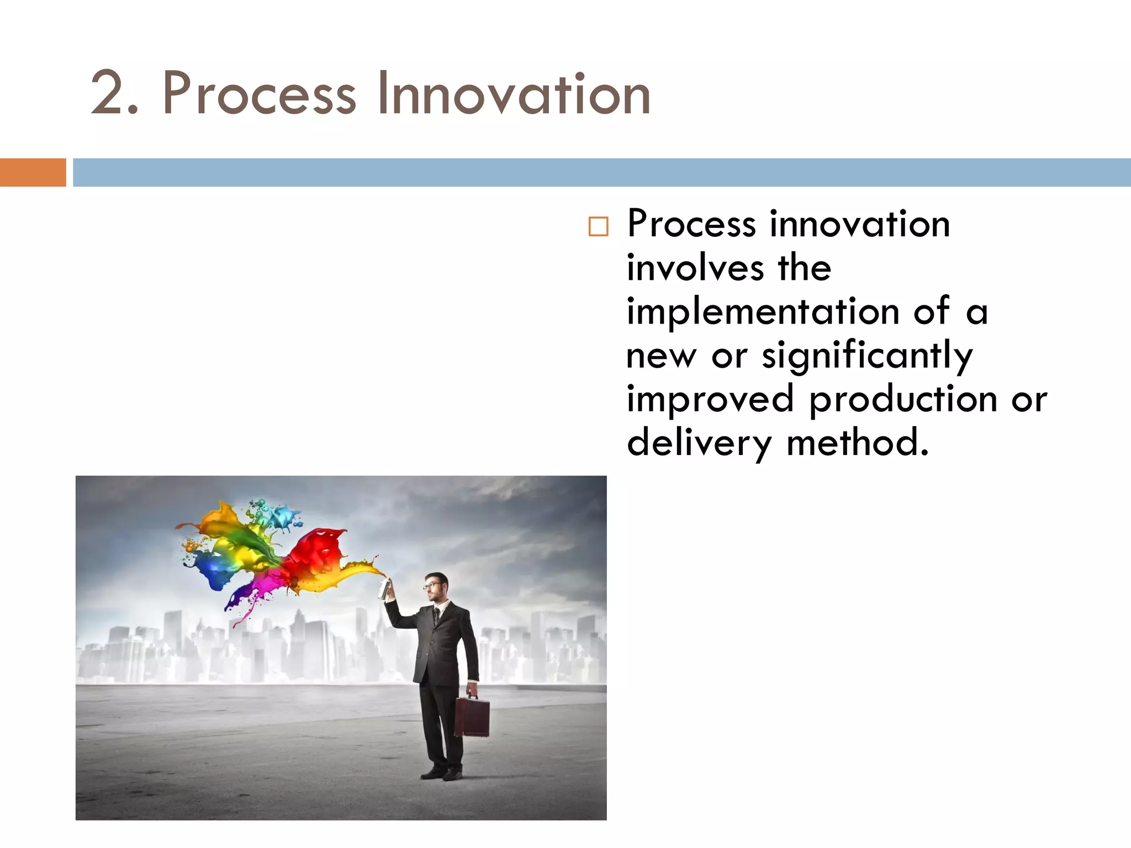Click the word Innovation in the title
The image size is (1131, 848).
(514, 94)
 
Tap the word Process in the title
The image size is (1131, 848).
(258, 94)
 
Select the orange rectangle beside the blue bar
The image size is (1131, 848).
(33, 172)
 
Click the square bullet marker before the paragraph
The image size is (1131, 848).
(598, 226)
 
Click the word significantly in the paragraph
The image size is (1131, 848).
(867, 357)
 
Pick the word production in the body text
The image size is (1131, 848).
(903, 400)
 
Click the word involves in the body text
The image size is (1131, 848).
(695, 268)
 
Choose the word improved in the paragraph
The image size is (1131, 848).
(710, 400)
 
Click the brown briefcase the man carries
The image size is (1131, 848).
(472, 717)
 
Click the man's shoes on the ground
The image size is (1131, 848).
(442, 773)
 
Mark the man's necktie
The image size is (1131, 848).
(436, 615)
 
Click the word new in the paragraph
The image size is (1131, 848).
(661, 357)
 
